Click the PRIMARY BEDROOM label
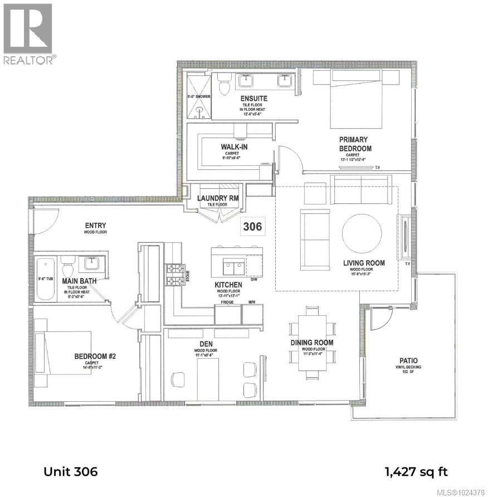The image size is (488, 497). (355, 144)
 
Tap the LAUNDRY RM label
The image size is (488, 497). (218, 198)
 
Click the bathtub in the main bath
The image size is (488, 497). (45, 279)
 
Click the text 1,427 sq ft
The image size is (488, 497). (416, 472)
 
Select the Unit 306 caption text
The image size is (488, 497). (71, 472)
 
